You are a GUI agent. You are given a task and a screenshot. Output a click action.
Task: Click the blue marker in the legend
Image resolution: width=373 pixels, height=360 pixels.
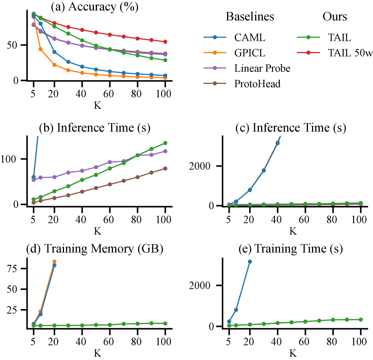[215, 37]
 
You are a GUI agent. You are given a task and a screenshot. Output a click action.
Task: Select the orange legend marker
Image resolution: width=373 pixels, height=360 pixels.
[215, 53]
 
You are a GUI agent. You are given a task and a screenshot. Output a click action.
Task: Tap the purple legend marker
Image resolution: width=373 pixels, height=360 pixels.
[215, 68]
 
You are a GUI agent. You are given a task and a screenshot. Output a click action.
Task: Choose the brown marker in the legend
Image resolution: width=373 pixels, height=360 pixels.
[215, 83]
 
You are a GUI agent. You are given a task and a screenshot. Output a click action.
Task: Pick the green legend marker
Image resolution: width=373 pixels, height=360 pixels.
[308, 37]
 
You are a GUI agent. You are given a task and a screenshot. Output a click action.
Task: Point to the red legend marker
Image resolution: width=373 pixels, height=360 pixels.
[308, 53]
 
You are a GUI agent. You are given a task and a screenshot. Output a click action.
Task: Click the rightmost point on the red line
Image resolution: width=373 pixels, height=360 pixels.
[165, 42]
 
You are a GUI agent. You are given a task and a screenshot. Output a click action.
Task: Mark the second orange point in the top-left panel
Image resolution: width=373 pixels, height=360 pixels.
[40, 49]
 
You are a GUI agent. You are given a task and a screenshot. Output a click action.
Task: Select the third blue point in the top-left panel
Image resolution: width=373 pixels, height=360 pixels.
[54, 52]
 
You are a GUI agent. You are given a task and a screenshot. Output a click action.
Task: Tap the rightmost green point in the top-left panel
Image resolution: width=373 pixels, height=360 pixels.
[165, 60]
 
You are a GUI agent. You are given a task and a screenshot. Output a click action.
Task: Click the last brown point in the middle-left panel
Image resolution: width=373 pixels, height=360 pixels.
[165, 168]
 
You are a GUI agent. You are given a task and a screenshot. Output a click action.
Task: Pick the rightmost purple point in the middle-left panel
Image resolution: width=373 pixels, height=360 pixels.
[165, 151]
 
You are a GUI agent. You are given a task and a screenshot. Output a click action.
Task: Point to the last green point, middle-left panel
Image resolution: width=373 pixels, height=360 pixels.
[165, 143]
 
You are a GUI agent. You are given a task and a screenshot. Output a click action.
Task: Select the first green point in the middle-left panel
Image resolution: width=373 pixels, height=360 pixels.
[34, 199]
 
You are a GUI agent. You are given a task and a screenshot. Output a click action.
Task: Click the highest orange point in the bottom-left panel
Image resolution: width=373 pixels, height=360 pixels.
[54, 261]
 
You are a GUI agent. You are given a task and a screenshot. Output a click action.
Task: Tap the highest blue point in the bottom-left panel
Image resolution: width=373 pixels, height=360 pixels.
[54, 265]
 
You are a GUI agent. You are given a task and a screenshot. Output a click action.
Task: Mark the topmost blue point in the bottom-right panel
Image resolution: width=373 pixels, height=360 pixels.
[250, 261]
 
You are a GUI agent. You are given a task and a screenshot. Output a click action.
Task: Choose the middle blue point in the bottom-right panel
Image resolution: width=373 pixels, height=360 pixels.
[236, 310]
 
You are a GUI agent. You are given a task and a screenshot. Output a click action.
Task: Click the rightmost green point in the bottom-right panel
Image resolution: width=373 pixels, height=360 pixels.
[361, 320]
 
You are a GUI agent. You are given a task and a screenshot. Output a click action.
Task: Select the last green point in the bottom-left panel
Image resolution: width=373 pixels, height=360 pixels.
[165, 323]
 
